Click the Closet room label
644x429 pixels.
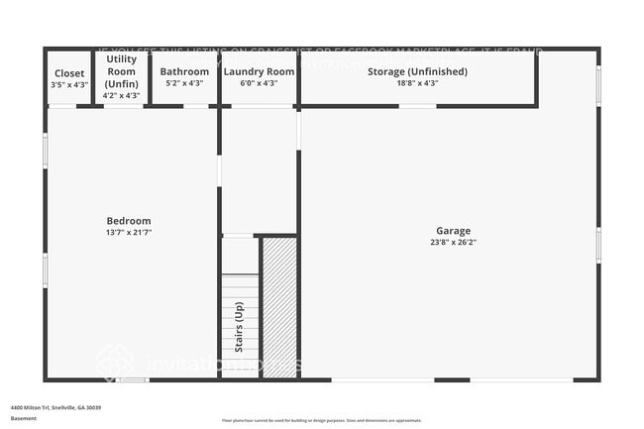[69, 72]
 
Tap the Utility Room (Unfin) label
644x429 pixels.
[122, 71]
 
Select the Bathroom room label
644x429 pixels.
[184, 71]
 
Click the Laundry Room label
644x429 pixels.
[259, 71]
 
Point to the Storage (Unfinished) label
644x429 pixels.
[417, 71]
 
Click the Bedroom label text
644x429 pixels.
[129, 220]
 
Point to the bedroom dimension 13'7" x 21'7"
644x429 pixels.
[129, 232]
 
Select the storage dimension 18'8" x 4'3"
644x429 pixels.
[417, 83]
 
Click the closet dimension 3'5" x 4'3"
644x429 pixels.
[69, 84]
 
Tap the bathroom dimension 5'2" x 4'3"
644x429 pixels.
[184, 83]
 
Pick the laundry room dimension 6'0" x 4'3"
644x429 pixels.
[259, 83]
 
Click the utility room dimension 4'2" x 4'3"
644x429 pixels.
[122, 96]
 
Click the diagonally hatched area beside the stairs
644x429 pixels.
[278, 307]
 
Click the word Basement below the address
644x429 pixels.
[24, 418]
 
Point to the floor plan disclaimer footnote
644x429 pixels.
[322, 421]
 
